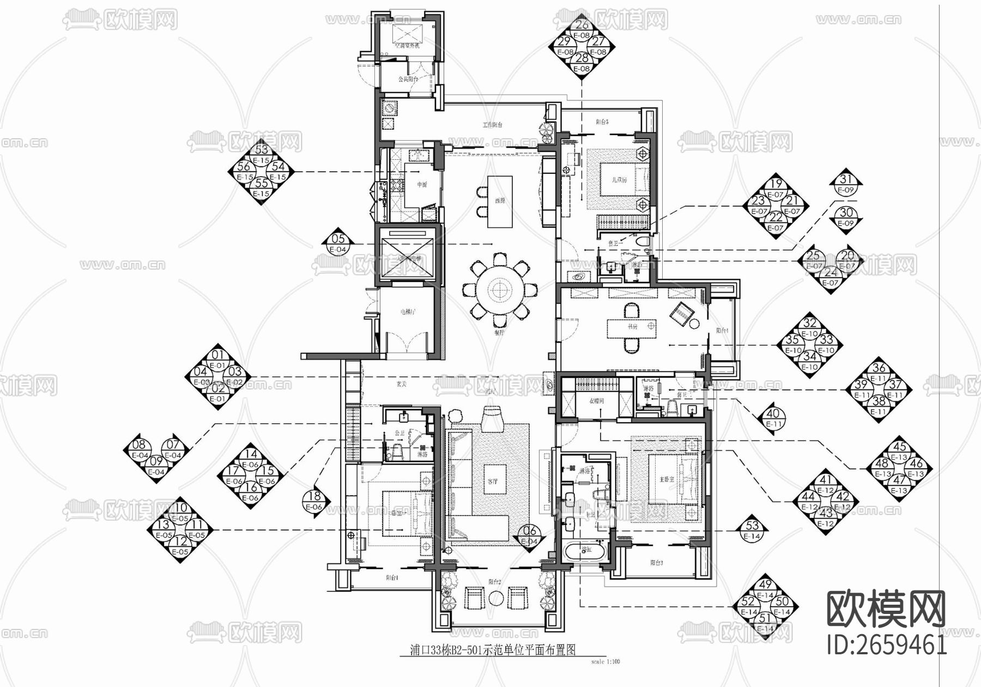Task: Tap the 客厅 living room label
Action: tap(492, 482)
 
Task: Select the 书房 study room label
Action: tap(632, 327)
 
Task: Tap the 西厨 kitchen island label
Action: tap(500, 201)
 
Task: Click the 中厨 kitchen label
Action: tap(422, 185)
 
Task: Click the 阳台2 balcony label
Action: tap(494, 582)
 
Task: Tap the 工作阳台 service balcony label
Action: tap(492, 125)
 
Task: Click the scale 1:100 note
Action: tap(605, 662)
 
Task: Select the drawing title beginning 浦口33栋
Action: tap(493, 650)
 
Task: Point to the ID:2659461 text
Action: tap(887, 646)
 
